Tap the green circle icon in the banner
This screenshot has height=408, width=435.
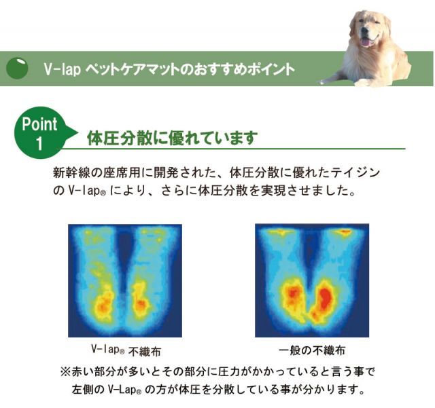[18, 69]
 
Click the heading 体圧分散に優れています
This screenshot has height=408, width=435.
[172, 138]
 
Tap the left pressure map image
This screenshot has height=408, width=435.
[124, 280]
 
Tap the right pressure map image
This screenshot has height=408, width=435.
[312, 280]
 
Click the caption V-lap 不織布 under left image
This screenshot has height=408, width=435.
[126, 350]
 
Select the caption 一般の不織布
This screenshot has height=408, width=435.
[312, 350]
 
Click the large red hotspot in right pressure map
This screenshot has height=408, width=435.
[323, 299]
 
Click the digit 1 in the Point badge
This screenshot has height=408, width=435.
[39, 143]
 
